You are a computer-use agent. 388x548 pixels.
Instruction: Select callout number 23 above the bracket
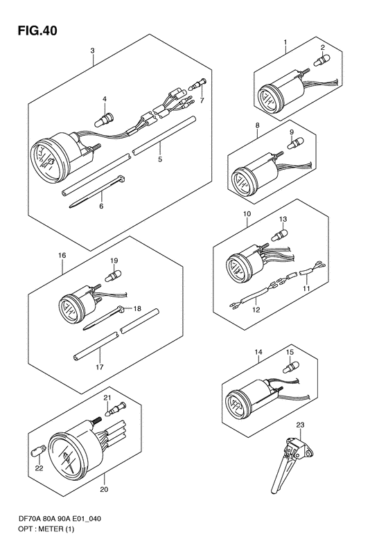click(300, 425)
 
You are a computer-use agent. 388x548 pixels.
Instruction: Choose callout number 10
click(247, 214)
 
